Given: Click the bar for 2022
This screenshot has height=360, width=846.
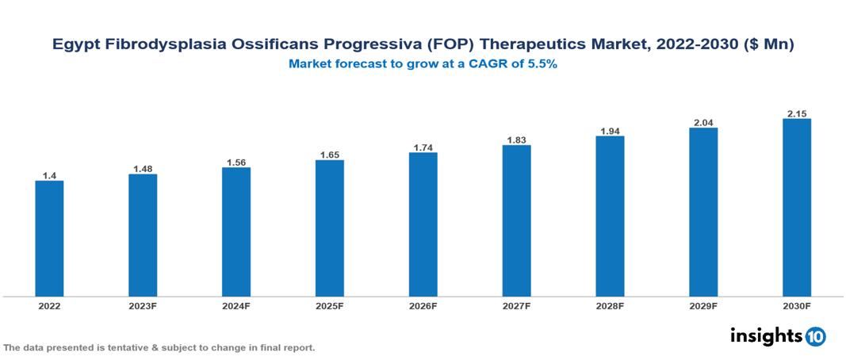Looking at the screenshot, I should [49, 238].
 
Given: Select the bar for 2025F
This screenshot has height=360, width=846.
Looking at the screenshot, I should [329, 228].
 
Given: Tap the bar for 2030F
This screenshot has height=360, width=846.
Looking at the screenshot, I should [796, 208].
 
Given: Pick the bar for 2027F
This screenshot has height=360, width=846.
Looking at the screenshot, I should [516, 220].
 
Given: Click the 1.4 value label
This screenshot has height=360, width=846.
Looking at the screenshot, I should [49, 174].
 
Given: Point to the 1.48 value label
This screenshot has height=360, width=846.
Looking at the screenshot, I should [143, 168].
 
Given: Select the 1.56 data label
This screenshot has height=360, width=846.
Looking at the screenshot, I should [236, 162].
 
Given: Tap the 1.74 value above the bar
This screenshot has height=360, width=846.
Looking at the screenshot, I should [423, 147].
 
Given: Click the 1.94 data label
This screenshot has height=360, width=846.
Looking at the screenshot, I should [610, 130].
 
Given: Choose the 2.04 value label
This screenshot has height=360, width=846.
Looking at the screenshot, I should [703, 122].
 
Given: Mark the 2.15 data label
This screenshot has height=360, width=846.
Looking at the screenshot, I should [796, 113].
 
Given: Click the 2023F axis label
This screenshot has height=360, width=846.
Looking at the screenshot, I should [143, 305].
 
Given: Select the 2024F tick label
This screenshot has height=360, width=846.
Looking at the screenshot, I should [236, 305].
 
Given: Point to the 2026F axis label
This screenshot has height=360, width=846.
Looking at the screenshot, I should [423, 305].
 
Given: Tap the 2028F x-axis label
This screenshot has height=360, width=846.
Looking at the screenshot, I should [610, 305].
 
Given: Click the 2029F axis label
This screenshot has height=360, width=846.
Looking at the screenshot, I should [703, 305].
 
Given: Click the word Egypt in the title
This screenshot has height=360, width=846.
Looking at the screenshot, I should [75, 45].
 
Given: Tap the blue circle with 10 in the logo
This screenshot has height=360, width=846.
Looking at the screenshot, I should [815, 336].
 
